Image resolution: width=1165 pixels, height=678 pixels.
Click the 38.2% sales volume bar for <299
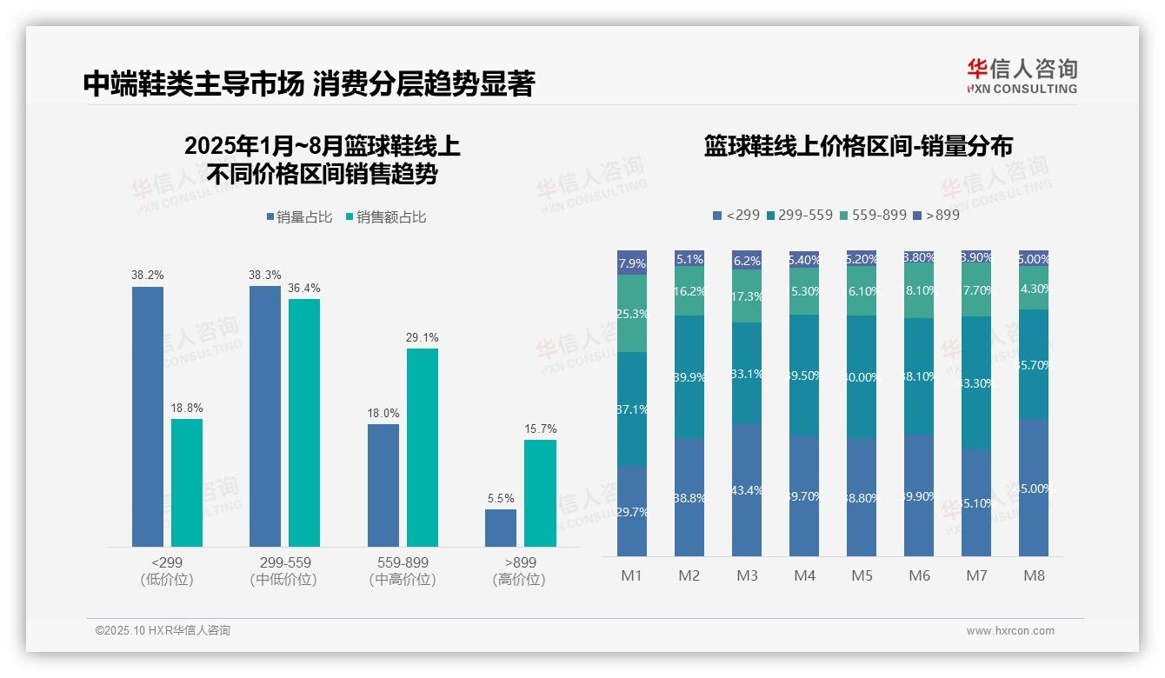click(148, 416)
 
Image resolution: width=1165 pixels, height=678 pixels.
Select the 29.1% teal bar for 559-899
click(423, 448)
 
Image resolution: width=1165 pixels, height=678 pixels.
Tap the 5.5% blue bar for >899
click(501, 528)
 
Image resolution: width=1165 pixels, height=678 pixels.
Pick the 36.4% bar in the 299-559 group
click(304, 422)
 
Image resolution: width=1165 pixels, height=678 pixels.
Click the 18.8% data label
click(187, 409)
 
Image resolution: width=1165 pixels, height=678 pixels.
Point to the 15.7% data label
click(540, 429)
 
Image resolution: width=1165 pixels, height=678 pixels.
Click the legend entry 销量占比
click(299, 217)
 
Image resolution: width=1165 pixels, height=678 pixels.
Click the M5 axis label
click(862, 575)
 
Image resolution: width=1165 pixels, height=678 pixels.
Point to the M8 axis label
click(1034, 575)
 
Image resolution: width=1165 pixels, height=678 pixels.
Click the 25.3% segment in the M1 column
click(632, 314)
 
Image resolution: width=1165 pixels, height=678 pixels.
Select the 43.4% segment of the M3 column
click(747, 490)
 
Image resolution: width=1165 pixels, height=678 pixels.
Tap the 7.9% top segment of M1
click(632, 263)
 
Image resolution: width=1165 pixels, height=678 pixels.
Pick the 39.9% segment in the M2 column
click(689, 377)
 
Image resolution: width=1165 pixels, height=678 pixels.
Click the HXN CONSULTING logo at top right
click(1022, 76)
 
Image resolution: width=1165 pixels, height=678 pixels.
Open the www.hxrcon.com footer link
click(1010, 631)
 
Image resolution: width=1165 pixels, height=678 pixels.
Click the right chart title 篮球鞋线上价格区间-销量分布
click(858, 147)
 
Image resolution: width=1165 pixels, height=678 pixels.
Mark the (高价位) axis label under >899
click(519, 580)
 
